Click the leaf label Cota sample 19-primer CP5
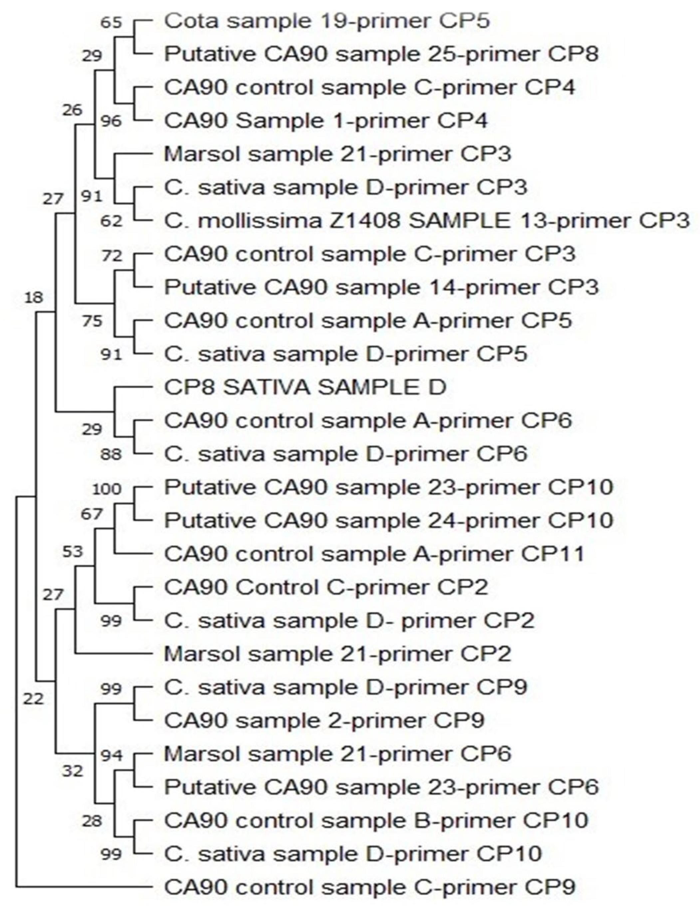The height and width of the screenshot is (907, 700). tap(327, 21)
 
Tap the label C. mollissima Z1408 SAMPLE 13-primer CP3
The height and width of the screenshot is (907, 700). tap(426, 221)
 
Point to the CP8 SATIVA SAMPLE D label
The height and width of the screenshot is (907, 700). tap(305, 387)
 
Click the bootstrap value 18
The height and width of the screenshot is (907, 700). tap(34, 297)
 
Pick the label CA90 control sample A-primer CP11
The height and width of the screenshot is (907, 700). tap(374, 554)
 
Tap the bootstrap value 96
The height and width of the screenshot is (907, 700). tap(112, 121)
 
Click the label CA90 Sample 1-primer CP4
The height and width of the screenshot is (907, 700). tap(326, 121)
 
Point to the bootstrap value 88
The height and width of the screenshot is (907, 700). tap(112, 454)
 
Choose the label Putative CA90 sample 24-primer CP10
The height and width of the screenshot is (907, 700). tap(388, 520)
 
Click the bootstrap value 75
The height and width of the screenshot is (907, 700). tap(92, 321)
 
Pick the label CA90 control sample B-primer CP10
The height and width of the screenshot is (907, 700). tap(376, 820)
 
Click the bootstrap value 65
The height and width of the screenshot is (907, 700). tap(112, 22)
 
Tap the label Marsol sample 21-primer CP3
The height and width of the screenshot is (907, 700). tap(337, 154)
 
